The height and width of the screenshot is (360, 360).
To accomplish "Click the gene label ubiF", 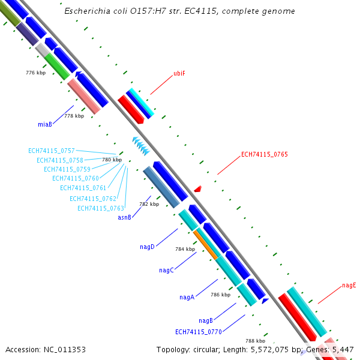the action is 179,73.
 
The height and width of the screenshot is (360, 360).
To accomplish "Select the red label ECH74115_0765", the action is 264,154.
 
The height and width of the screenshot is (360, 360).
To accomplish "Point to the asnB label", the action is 124,217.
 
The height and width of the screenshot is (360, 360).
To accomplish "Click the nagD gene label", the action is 147,247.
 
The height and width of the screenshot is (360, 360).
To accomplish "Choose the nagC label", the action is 166,270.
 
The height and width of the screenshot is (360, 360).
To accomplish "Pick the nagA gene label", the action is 187,297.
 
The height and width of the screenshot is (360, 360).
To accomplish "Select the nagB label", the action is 206,320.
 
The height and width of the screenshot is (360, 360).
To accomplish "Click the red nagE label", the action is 349,285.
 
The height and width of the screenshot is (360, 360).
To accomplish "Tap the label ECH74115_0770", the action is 199,332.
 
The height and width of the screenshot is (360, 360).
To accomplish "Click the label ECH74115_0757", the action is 52,151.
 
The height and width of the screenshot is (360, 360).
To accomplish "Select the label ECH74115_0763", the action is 101,208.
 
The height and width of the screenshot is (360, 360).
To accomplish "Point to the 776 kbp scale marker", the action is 35,73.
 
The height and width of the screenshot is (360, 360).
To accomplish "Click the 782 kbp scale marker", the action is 149,204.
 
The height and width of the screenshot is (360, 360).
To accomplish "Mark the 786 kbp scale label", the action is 220,295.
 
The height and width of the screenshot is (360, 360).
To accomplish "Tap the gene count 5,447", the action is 342,349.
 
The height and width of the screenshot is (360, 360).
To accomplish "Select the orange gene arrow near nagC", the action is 205,244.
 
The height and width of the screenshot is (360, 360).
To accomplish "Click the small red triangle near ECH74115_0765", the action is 197,189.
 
